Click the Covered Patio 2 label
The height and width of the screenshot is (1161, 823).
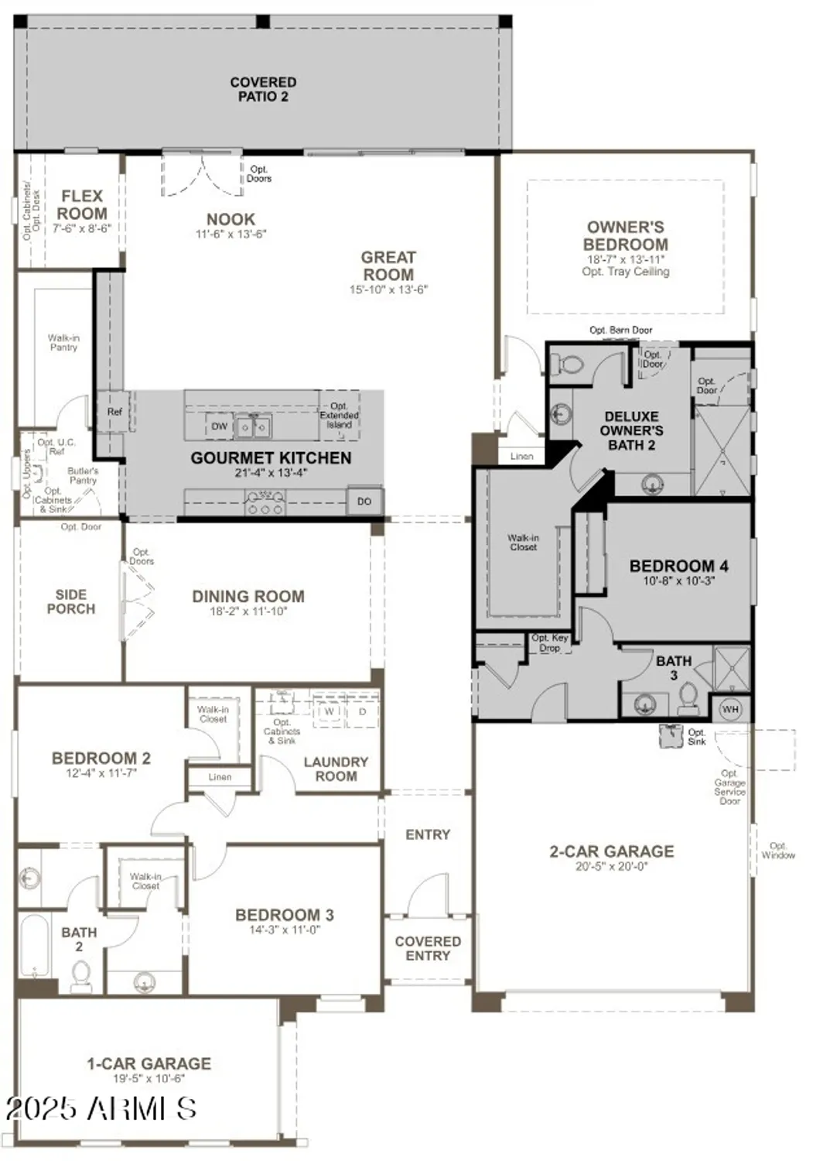coord(263,89)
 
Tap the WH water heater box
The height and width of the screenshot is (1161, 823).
coord(730,709)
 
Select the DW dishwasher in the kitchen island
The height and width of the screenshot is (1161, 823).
coord(220,426)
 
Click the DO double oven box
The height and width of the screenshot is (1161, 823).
coord(364,502)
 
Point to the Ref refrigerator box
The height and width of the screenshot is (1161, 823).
coord(114,412)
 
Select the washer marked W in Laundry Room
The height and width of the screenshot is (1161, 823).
coord(330,711)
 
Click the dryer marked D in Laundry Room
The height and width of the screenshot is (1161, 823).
coord(363,711)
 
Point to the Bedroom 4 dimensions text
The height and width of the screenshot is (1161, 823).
coord(678,580)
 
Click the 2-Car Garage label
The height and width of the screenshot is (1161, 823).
coord(611,851)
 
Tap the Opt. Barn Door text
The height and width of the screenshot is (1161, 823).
coord(620,330)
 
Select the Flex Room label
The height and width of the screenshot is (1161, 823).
coord(82,205)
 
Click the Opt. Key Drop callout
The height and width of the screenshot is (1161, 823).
coord(550,642)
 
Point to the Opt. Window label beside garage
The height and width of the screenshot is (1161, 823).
coord(777,850)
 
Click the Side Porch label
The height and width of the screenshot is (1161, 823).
coord(70,602)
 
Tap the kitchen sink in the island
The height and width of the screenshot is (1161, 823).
coord(253,426)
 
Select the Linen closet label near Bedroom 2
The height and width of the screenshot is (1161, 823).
coord(220,777)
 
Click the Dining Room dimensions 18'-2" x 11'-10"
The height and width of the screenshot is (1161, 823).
coord(248,611)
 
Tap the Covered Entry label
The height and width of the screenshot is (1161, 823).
coord(428,948)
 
